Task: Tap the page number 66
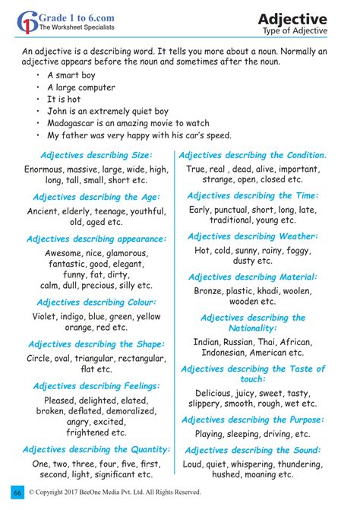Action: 17,493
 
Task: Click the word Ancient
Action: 46,211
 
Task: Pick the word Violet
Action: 46,316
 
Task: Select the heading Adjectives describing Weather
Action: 263,236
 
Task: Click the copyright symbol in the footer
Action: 33,493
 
